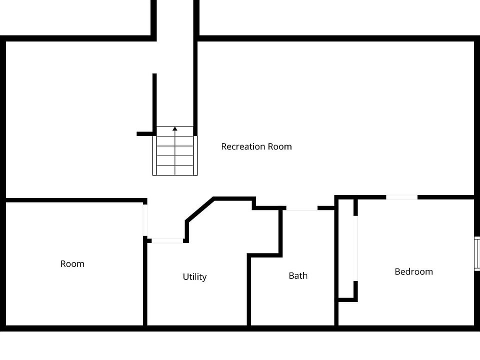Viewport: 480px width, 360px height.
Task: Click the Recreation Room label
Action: click(256, 146)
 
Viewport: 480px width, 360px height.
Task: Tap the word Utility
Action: click(194, 277)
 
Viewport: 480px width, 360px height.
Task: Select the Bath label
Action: click(298, 275)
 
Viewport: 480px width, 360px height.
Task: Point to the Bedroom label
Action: click(413, 271)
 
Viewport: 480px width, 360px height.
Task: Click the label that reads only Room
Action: click(72, 263)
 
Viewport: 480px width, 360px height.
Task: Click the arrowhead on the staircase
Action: click(175, 129)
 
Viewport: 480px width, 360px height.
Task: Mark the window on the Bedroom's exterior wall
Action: click(477, 254)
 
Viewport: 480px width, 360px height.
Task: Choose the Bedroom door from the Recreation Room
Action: click(402, 197)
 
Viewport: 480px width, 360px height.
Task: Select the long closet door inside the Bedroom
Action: click(356, 248)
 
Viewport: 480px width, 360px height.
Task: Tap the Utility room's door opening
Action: click(167, 240)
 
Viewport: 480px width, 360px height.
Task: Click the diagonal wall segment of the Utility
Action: click(199, 208)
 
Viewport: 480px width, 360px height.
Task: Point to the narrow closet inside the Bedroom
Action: click(346, 250)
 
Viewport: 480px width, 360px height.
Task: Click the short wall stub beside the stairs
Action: click(144, 134)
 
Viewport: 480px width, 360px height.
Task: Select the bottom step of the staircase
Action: click(175, 170)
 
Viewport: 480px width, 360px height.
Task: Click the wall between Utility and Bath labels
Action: click(248, 290)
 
